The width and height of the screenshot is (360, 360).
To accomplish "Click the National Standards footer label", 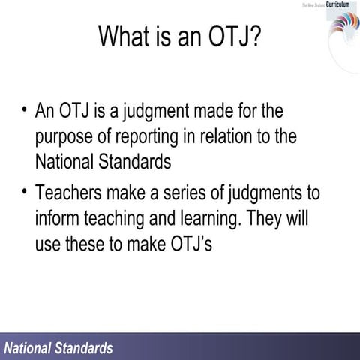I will pyautogui.click(x=58, y=348).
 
